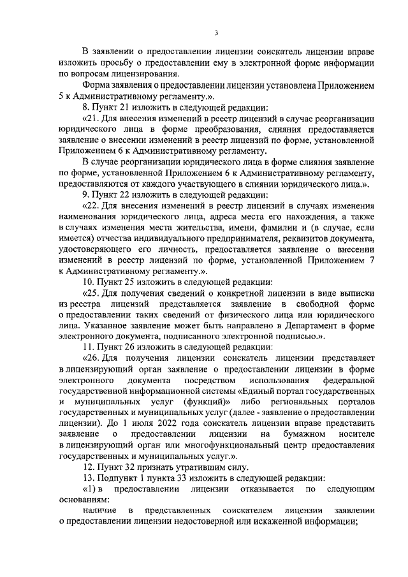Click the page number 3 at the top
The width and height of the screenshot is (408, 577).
point(217,33)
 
